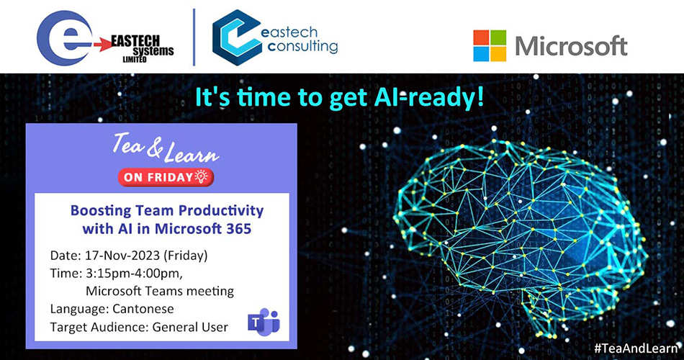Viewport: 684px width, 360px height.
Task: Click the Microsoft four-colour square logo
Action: [490, 46]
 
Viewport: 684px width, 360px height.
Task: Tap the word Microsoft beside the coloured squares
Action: [571, 46]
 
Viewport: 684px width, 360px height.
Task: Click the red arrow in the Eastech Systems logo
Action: [103, 45]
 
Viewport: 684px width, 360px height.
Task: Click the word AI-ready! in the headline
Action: [429, 97]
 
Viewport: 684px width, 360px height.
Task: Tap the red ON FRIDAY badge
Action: [166, 177]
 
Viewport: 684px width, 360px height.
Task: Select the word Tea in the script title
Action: [128, 145]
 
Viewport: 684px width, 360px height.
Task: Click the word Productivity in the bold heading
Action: [221, 211]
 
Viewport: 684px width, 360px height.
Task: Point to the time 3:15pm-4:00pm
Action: [132, 273]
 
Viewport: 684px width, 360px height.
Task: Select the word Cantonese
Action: [143, 309]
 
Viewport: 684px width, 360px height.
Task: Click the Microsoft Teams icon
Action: [264, 322]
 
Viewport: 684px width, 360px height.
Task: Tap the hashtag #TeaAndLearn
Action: [636, 348]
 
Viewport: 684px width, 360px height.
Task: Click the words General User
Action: [190, 328]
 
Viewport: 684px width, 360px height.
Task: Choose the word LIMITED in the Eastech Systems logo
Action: [135, 59]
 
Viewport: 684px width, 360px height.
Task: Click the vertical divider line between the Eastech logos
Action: [194, 37]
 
